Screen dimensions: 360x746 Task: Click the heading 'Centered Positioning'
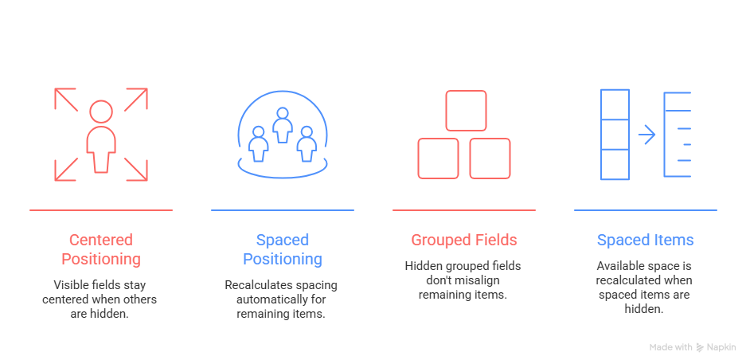click(101, 249)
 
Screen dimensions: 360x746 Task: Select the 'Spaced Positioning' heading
click(283, 249)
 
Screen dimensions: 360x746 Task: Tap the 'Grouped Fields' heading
click(464, 240)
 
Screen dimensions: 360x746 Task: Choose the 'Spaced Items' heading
click(645, 240)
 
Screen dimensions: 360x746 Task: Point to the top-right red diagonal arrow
click(136, 100)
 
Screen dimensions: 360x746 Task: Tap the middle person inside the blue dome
click(283, 126)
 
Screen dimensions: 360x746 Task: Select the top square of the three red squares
click(466, 111)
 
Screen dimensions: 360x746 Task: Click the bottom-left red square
click(439, 158)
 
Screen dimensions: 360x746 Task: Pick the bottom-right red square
click(490, 158)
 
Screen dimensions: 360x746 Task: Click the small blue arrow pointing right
click(646, 135)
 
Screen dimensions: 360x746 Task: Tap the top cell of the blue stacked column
click(615, 104)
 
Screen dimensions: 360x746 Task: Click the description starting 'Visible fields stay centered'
click(101, 299)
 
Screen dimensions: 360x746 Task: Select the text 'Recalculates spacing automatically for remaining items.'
click(283, 299)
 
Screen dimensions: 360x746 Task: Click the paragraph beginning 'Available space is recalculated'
click(645, 288)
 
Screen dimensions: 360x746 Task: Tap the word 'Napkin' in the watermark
click(721, 347)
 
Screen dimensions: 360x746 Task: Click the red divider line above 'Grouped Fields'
click(464, 210)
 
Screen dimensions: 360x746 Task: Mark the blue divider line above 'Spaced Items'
click(645, 210)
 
